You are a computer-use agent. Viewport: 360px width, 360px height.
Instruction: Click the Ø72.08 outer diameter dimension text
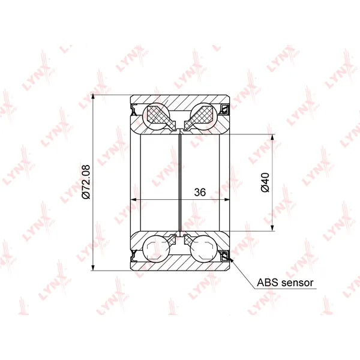click(86, 182)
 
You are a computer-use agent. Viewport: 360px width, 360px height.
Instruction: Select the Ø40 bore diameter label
click(265, 182)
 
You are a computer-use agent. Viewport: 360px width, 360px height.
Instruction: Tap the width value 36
click(200, 193)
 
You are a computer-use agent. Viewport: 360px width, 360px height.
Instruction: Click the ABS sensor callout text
click(285, 283)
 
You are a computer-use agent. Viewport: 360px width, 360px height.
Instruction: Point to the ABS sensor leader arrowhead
click(231, 259)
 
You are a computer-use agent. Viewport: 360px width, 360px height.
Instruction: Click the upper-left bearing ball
click(157, 116)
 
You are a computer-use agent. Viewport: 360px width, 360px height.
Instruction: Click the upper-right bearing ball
click(204, 116)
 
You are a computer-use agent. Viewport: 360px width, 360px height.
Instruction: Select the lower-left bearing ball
click(157, 249)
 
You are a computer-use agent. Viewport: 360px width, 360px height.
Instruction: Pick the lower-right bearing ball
click(204, 249)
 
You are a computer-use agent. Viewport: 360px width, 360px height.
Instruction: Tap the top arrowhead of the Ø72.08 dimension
click(93, 98)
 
